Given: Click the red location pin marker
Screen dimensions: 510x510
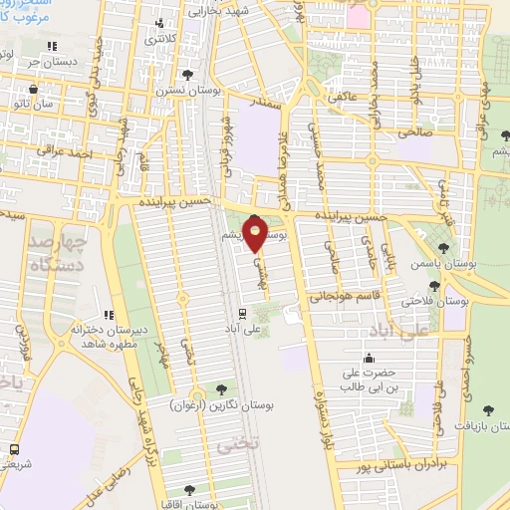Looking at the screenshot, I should [x=256, y=232].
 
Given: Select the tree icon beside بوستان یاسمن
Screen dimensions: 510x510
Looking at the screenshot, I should [x=444, y=247].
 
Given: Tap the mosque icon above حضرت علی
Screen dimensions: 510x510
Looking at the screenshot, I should [x=370, y=358].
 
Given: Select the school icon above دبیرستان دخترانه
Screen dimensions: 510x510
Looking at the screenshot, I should [x=107, y=316].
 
